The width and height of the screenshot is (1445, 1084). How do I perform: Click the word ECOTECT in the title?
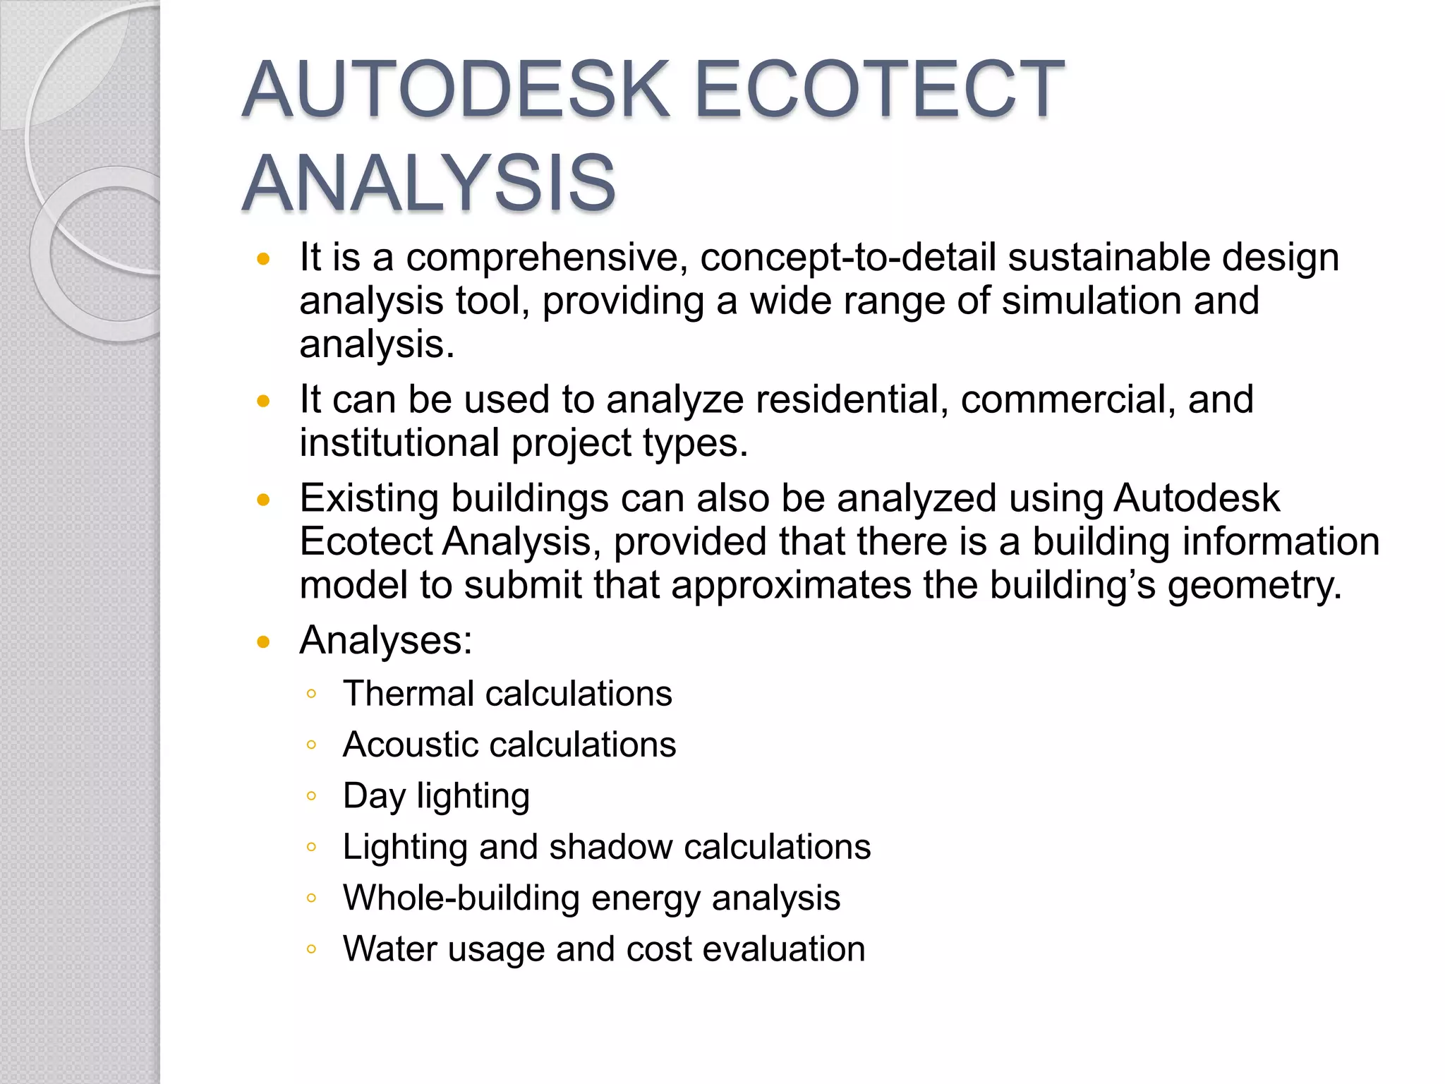tap(879, 90)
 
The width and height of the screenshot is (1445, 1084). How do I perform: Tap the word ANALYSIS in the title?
tap(429, 183)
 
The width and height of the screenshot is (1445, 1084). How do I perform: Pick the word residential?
tap(852, 399)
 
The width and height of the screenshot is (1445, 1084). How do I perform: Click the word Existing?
tap(369, 498)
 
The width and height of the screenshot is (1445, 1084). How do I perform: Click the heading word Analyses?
tap(385, 641)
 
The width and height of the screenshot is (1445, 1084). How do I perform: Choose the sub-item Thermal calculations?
tap(507, 694)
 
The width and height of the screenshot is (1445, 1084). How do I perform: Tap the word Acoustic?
tap(409, 745)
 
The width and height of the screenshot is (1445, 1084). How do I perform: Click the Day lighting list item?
tap(435, 796)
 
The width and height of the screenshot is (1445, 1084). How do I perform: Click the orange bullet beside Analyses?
tap(264, 642)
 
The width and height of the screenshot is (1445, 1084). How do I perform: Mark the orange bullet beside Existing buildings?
tap(264, 500)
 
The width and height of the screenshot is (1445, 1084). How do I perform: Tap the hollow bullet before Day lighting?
tap(311, 796)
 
